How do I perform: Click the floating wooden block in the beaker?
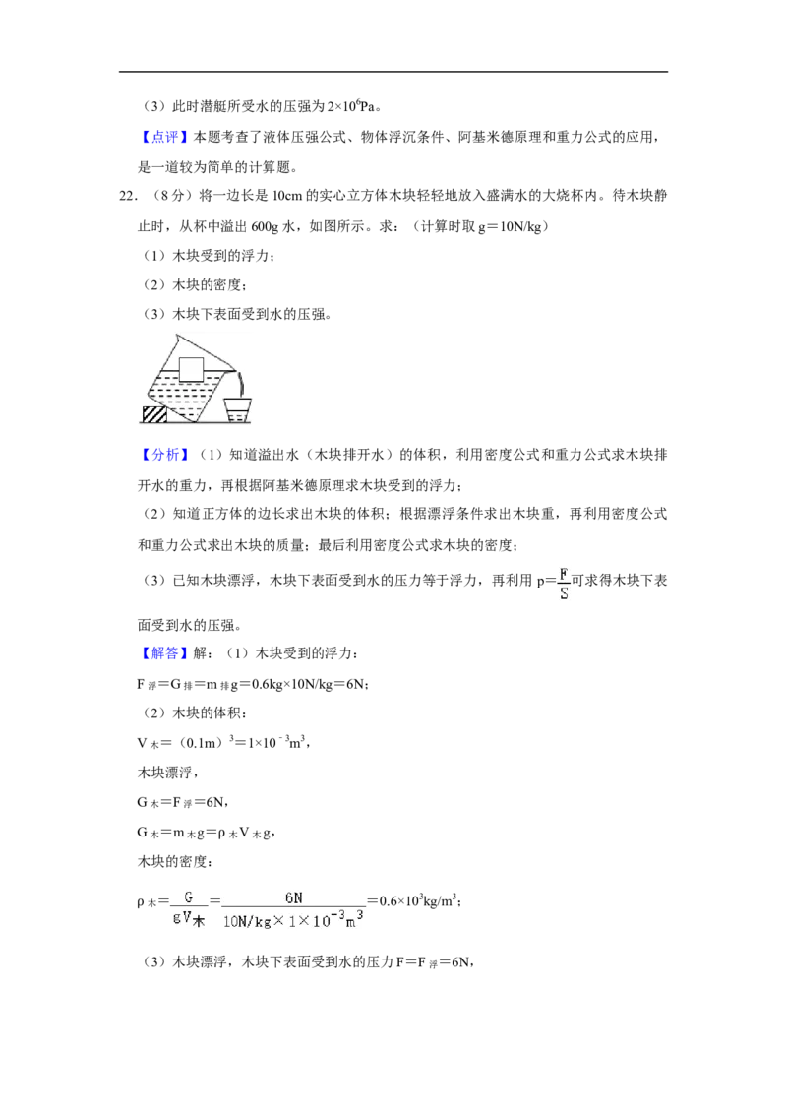[191, 369]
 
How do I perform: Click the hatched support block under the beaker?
[154, 414]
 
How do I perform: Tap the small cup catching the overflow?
[237, 410]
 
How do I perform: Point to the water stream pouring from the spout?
[242, 385]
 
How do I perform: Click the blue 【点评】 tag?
[163, 137]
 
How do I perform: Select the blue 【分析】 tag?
[163, 455]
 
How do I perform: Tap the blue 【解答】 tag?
[163, 653]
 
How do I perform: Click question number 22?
[128, 196]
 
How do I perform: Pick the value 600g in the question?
[265, 226]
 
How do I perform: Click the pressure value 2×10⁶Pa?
[351, 106]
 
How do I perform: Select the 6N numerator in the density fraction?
[293, 898]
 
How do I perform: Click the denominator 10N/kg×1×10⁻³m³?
[293, 919]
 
